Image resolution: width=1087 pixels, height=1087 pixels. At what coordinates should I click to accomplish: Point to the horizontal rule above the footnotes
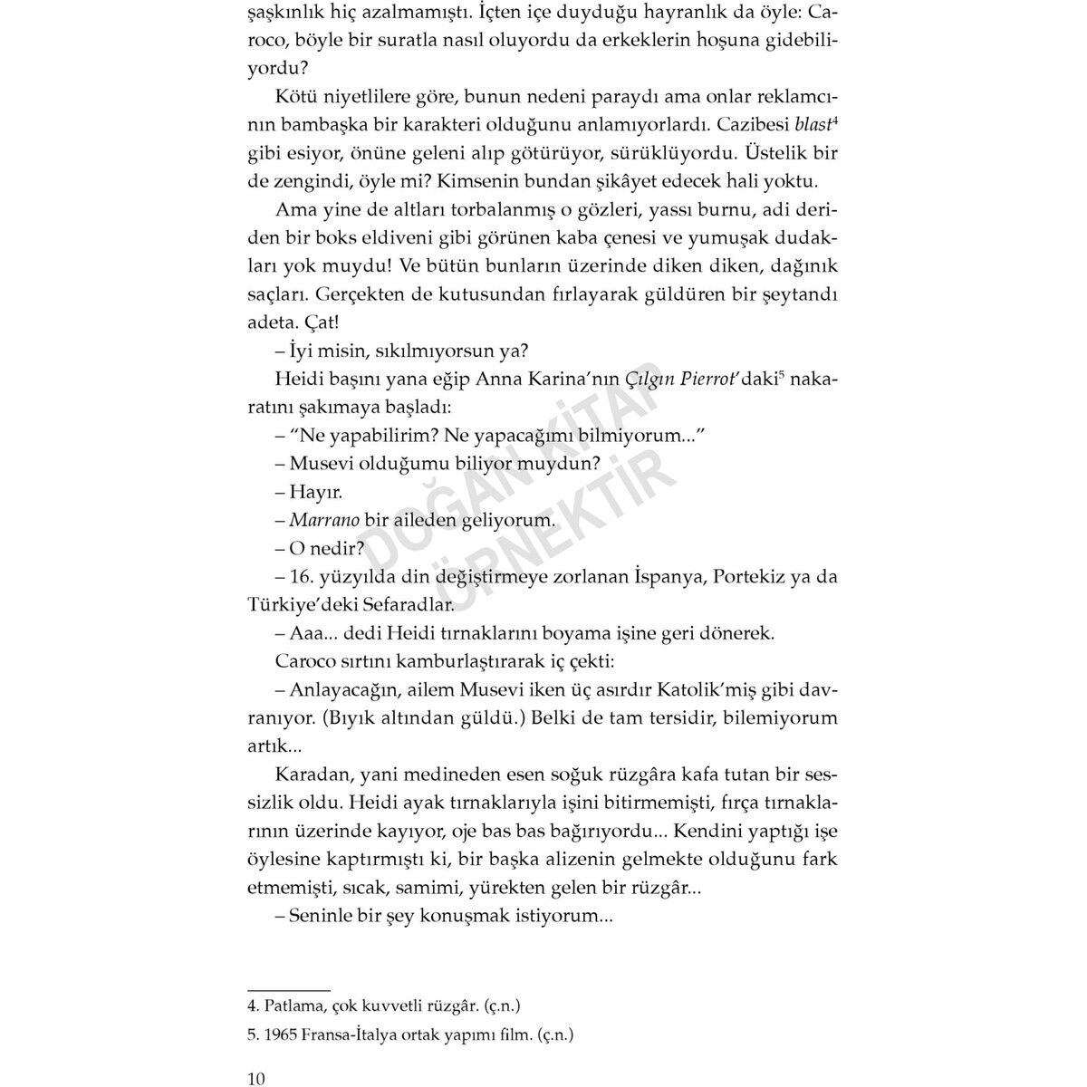click(x=288, y=990)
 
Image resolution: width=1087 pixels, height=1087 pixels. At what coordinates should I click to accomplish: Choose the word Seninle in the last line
click(x=319, y=916)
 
